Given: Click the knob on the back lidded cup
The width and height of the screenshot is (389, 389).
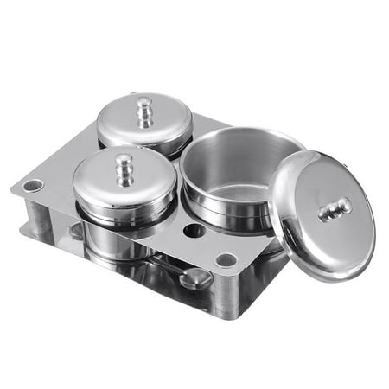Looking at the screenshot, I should pos(144,110).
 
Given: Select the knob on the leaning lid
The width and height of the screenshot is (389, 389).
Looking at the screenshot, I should pos(335,209).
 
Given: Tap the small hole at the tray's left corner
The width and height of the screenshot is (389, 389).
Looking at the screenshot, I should pos(34,185).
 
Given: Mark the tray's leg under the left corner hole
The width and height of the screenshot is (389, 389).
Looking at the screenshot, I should pos(38,216).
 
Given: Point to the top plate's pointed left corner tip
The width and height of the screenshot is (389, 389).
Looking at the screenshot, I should pos(14,189).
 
